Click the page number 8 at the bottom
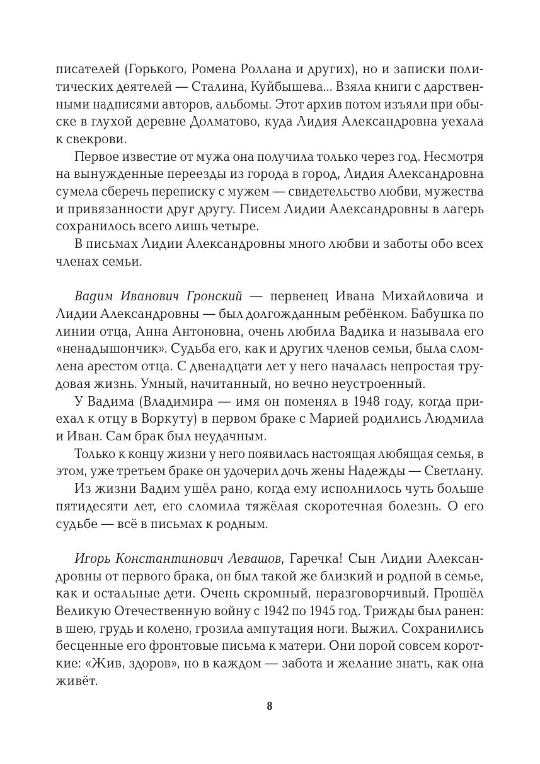click(270, 706)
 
